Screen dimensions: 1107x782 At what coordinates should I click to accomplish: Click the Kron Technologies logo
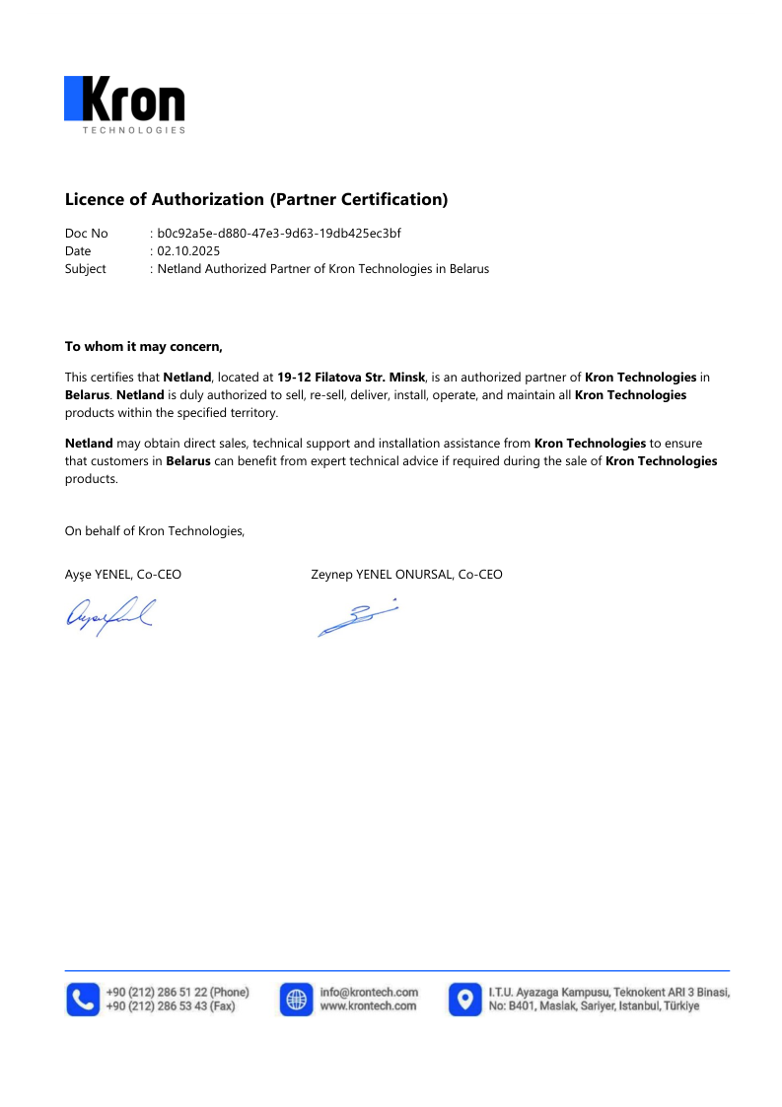(x=124, y=104)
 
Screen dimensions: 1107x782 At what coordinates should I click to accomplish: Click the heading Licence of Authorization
(x=256, y=199)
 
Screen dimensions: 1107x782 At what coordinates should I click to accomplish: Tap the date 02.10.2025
(x=188, y=251)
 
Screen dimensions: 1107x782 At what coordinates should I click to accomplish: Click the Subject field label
(x=86, y=268)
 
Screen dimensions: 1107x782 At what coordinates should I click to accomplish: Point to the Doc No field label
(x=87, y=234)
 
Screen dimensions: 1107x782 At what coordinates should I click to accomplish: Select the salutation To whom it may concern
(x=144, y=346)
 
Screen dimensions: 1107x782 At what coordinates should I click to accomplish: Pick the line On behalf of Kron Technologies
(x=155, y=531)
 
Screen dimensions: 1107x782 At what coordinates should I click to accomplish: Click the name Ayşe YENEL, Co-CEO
(x=123, y=574)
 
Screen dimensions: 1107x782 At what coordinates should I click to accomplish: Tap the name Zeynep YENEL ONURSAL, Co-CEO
(x=406, y=574)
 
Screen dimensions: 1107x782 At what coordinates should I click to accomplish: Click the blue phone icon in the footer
(x=83, y=999)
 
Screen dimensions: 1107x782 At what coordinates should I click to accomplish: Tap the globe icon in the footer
(x=296, y=999)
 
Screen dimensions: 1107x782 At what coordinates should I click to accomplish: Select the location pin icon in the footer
(x=464, y=999)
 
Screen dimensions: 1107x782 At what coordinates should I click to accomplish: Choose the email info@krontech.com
(x=369, y=992)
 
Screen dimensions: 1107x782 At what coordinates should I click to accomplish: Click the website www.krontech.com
(x=368, y=1006)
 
